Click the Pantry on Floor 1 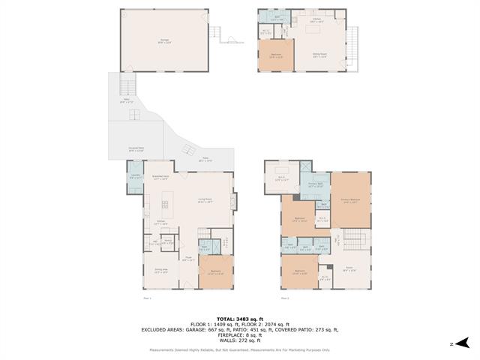pos(169,242)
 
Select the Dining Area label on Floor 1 pos(161,272)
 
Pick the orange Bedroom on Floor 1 pos(215,271)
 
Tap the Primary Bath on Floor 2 pos(316,183)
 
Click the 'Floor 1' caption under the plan pos(148,298)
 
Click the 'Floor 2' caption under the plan pos(285,298)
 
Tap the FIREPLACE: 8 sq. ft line pos(239,335)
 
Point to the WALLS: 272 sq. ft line pos(239,341)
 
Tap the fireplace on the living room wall pos(234,202)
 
